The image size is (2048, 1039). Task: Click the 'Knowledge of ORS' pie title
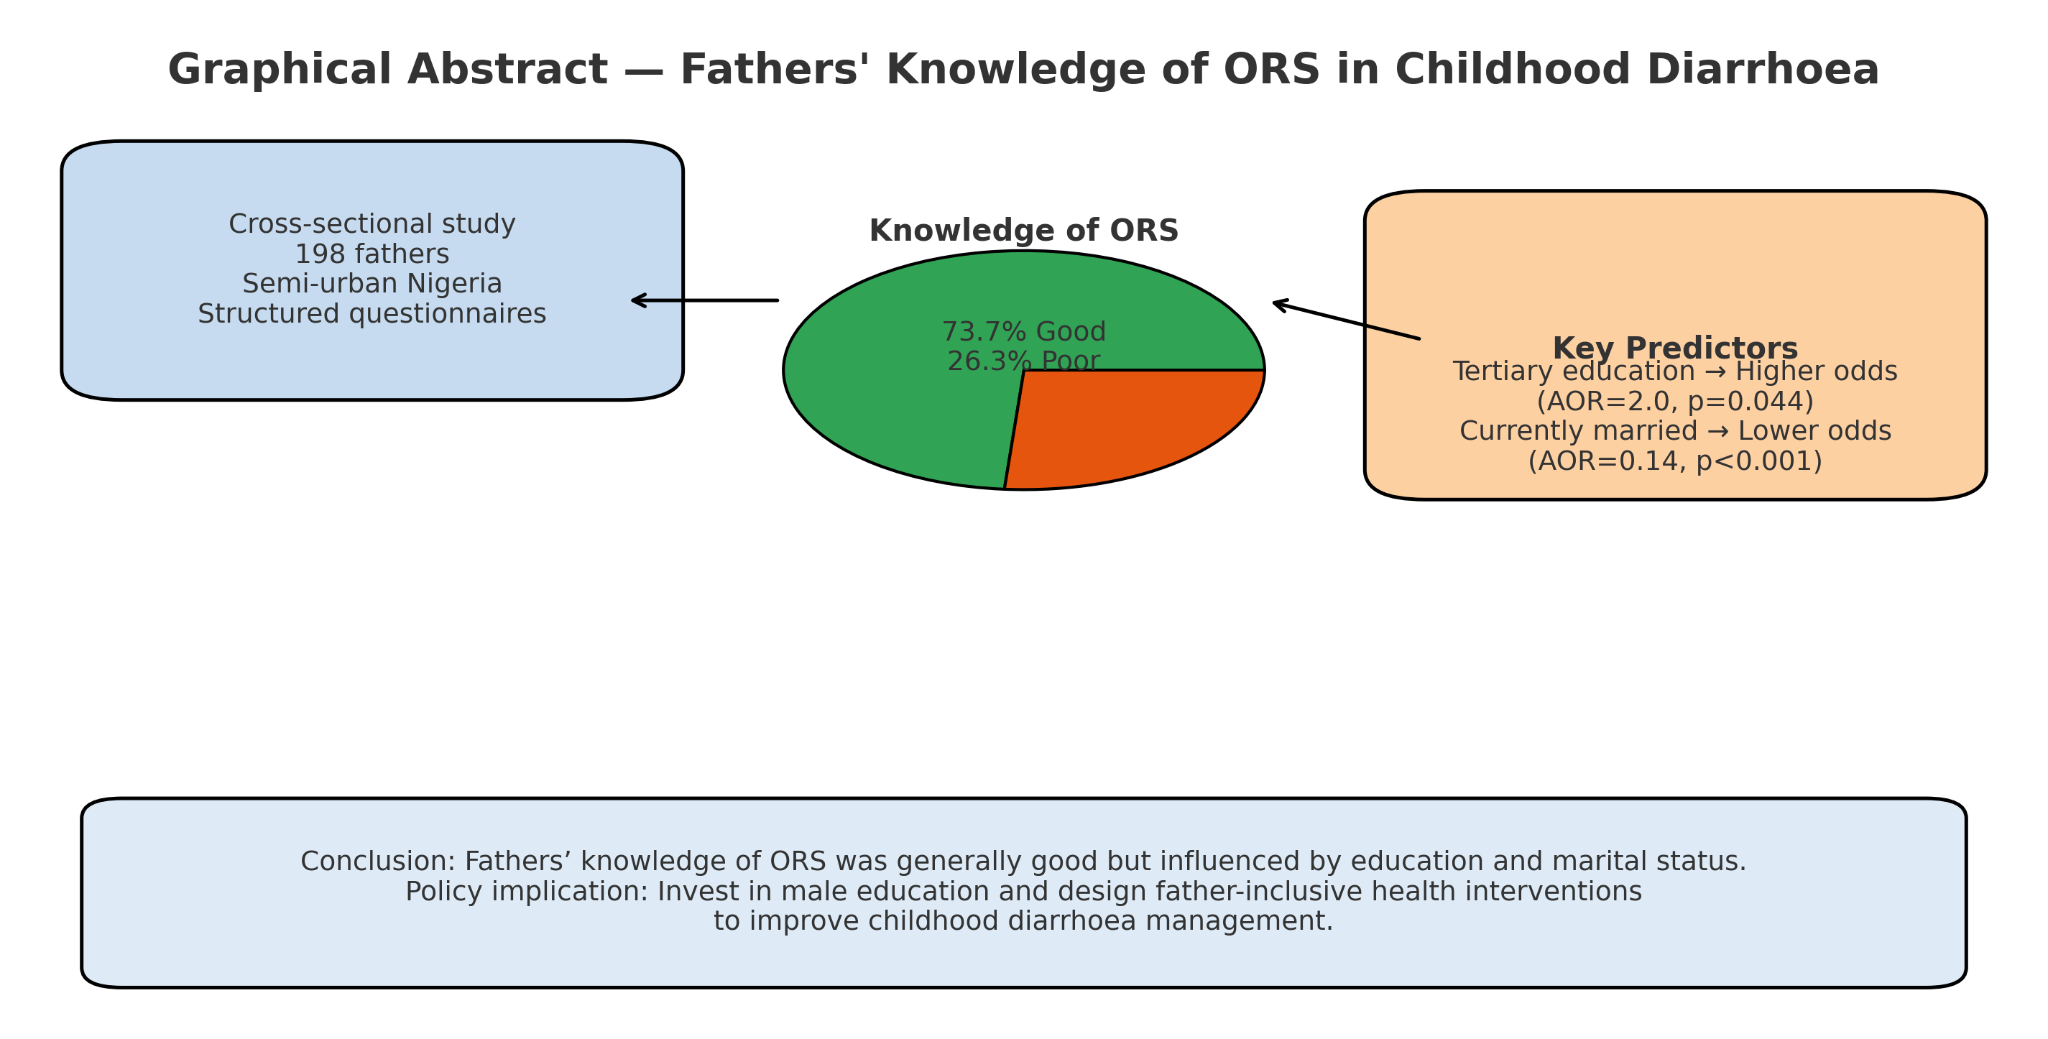[x=1023, y=231]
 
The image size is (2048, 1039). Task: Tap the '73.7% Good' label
[x=1023, y=331]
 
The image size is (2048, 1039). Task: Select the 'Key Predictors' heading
[x=1674, y=348]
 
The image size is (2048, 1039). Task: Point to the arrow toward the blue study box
[x=704, y=300]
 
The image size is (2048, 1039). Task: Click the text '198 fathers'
[x=372, y=254]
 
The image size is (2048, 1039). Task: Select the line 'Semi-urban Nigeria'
[x=372, y=284]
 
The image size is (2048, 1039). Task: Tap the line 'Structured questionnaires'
[x=372, y=314]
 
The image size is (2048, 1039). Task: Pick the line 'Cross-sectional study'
[x=372, y=224]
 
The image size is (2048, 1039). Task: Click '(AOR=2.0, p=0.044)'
[x=1674, y=402]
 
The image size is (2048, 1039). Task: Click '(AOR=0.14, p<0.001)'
[x=1674, y=461]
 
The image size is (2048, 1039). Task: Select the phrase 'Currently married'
[x=1578, y=431]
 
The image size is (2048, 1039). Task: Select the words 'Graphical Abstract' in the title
[x=387, y=70]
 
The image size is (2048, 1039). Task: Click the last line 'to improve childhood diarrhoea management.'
[x=1023, y=921]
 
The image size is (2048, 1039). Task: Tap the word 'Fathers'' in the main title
[x=775, y=70]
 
